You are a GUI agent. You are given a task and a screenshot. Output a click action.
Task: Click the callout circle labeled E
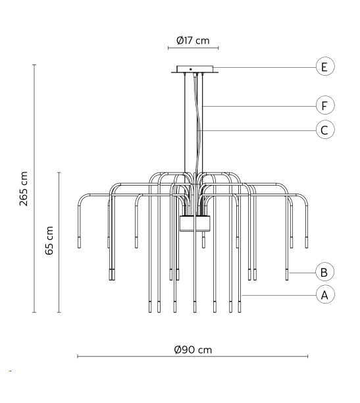click(325, 67)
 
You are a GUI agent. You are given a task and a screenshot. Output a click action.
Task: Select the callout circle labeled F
click(325, 105)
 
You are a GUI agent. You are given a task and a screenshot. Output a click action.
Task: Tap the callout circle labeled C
click(325, 130)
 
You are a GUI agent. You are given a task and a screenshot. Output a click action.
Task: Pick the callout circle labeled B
click(325, 272)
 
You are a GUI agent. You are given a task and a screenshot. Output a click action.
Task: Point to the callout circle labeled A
click(325, 294)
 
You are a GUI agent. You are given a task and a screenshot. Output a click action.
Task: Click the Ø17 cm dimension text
click(193, 41)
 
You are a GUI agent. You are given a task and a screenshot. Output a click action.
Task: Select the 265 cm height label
click(24, 188)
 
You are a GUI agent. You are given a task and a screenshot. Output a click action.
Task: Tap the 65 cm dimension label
click(49, 240)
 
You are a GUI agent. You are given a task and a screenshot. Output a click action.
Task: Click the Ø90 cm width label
click(193, 350)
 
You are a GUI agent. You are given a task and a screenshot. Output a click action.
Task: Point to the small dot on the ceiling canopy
click(191, 69)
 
